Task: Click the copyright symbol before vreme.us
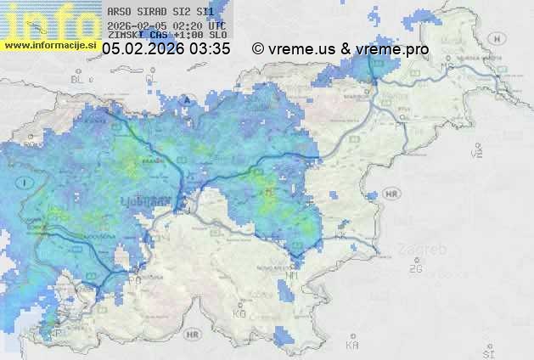point(258,49)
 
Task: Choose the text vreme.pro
point(392,49)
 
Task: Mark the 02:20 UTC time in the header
point(205,25)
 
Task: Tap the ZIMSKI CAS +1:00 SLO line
point(166,36)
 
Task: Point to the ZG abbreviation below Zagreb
point(415,269)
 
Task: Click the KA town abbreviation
point(352,346)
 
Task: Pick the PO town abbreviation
point(134,278)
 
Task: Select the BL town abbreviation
point(79,79)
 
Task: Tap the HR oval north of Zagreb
point(392,194)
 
